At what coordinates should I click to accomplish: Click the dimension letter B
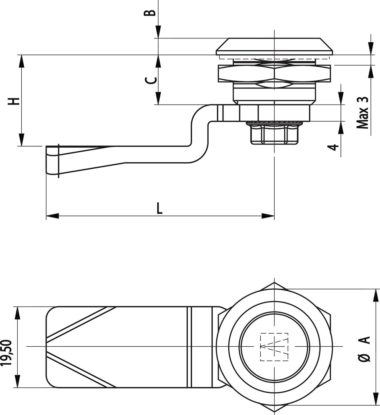pos(151,12)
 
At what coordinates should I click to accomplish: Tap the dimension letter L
pos(159,208)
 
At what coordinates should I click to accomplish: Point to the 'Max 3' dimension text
pos(363,113)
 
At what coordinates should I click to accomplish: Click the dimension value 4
pos(335,147)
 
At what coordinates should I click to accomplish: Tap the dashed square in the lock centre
pos(274,347)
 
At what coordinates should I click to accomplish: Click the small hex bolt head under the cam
pos(274,134)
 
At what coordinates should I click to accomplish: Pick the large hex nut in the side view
pos(274,73)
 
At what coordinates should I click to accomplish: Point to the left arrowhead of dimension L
pos(52,216)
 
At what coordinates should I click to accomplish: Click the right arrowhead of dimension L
pos(268,216)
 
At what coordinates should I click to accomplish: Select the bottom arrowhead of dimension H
pos(21,140)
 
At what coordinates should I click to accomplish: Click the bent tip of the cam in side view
pos(53,160)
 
